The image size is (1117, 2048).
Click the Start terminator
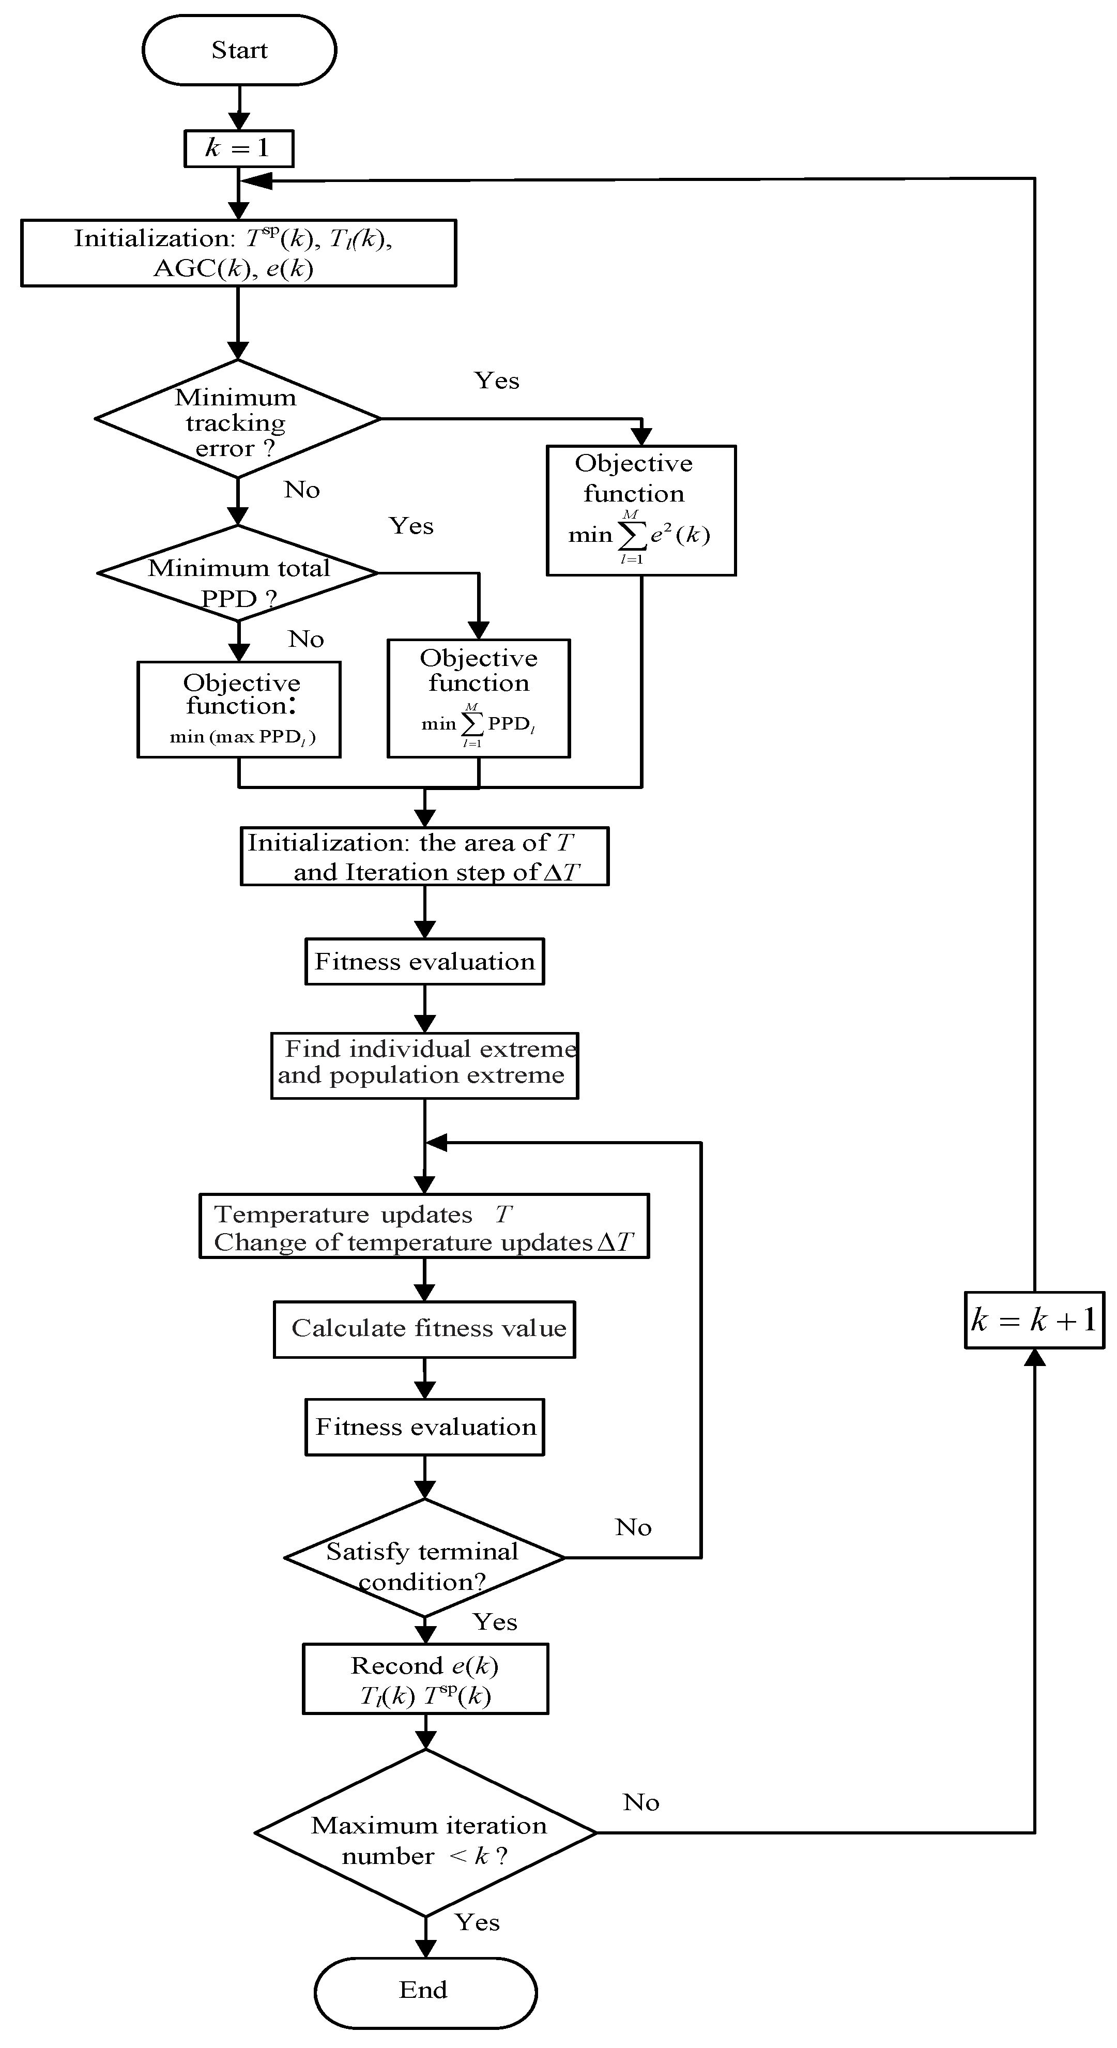[x=239, y=50]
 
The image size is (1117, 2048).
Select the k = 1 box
[x=238, y=148]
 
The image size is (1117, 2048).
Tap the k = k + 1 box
[x=1034, y=1321]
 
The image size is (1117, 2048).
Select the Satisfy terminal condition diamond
[x=424, y=1557]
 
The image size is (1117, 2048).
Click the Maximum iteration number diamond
[x=425, y=1833]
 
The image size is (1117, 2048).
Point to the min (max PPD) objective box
[x=238, y=709]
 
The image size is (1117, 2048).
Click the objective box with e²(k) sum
[x=641, y=510]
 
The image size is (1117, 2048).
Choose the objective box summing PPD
[x=479, y=698]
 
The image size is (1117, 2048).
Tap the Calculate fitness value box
[x=424, y=1328]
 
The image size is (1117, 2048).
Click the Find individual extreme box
[x=424, y=1065]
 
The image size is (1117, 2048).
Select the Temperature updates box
[x=424, y=1226]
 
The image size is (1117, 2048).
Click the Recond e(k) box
[x=425, y=1679]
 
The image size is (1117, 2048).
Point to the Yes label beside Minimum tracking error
[x=497, y=381]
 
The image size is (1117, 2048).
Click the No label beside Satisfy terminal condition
[x=633, y=1527]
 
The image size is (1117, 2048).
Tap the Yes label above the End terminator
[x=477, y=1922]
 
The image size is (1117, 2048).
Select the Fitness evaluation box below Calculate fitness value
[x=424, y=1427]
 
